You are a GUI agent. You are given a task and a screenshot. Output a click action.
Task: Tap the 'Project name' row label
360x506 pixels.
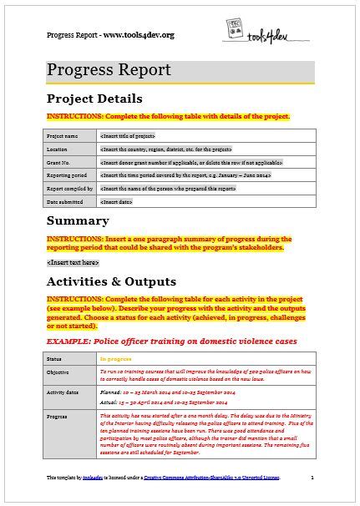63,135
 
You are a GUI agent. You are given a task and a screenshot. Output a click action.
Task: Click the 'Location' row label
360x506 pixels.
58,149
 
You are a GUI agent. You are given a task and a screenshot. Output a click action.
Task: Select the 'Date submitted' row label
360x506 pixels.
64,203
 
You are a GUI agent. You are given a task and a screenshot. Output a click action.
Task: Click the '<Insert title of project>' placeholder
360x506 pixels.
127,135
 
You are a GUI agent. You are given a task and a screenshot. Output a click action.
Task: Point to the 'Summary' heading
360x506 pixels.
78,221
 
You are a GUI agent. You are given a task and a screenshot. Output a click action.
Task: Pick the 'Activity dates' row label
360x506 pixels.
64,394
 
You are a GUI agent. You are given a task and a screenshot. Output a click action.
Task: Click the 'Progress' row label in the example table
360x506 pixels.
59,417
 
